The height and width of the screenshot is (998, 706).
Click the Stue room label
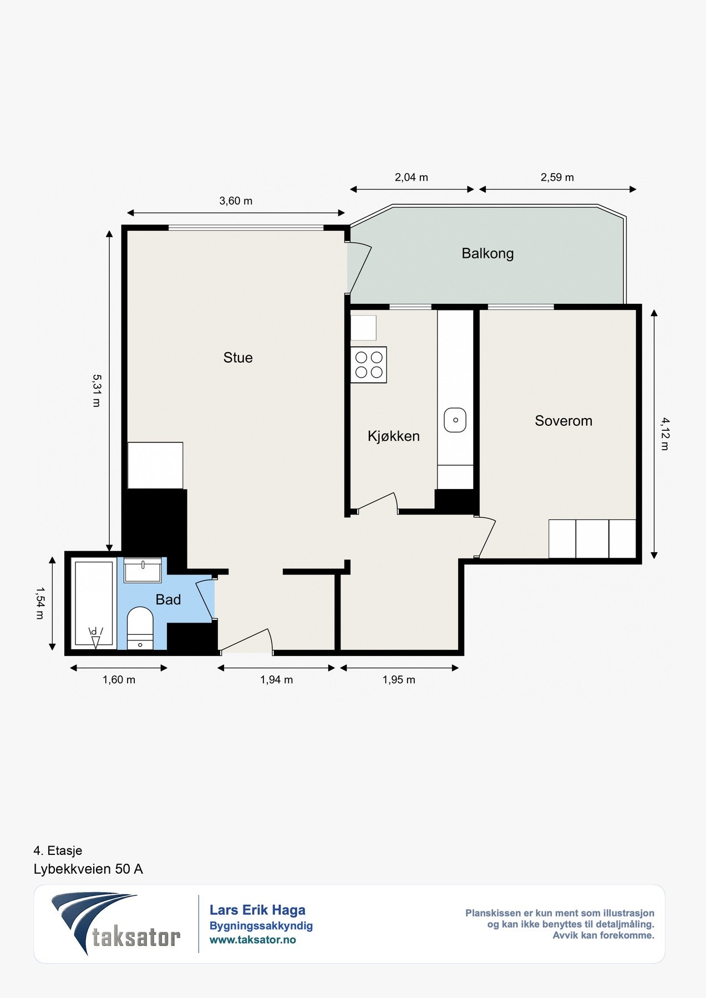tap(238, 358)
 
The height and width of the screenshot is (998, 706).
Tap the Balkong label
tap(487, 254)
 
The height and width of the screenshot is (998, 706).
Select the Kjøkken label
tap(394, 436)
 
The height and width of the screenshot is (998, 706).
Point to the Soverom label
tap(563, 421)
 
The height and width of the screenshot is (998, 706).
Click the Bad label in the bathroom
tap(168, 600)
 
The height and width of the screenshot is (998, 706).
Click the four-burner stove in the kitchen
tap(369, 365)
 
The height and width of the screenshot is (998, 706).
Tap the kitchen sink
tap(455, 420)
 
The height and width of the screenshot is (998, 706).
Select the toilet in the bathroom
tap(140, 628)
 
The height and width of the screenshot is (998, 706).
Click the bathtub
tap(94, 604)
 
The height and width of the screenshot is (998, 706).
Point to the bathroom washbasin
tap(143, 570)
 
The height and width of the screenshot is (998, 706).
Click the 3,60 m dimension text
tap(236, 201)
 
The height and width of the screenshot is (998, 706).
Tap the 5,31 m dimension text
tap(96, 390)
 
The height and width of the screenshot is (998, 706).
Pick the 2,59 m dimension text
tap(557, 177)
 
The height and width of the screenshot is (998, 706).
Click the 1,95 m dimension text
tap(399, 680)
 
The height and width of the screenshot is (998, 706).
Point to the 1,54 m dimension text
tap(40, 603)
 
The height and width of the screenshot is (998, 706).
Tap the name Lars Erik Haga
tap(257, 910)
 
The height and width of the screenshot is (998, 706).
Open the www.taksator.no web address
tap(253, 940)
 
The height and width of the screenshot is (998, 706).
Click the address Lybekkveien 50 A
tap(88, 869)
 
